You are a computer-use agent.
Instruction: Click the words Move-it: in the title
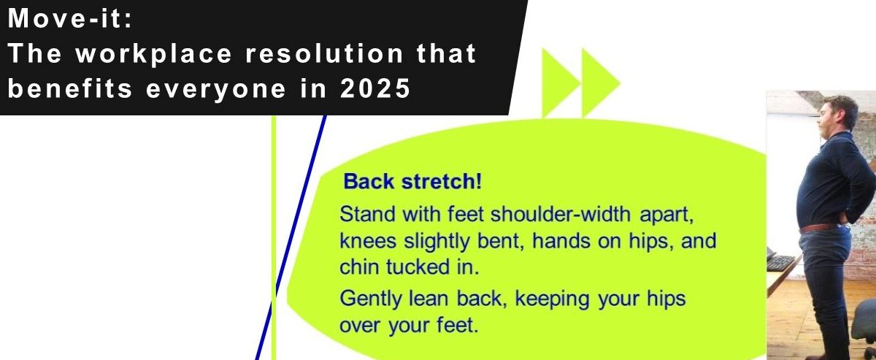[x=70, y=19]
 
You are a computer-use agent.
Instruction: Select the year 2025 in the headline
[x=375, y=88]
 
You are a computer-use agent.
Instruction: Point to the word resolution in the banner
[x=324, y=53]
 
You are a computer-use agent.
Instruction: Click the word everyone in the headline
[x=216, y=89]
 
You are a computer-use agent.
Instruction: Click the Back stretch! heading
[x=412, y=182]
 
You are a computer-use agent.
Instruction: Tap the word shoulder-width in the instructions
[x=561, y=214]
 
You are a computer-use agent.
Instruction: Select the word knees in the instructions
[x=368, y=241]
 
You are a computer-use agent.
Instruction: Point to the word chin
[x=359, y=267]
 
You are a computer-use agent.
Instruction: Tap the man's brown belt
[x=819, y=227]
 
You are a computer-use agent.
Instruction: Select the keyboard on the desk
[x=780, y=263]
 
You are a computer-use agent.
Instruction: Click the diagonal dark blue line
[x=291, y=237]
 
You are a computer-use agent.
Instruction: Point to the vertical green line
[x=273, y=237]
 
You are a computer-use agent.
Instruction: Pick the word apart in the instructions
[x=666, y=215]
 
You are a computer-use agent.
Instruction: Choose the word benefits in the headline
[x=70, y=88]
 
